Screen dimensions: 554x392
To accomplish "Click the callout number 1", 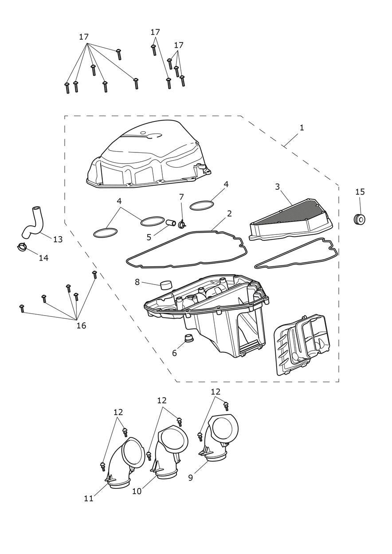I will pyautogui.click(x=302, y=128).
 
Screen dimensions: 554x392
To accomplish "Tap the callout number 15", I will pyautogui.click(x=360, y=192).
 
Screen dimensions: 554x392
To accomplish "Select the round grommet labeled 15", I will pyautogui.click(x=360, y=219).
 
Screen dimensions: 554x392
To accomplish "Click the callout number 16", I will pyautogui.click(x=81, y=326).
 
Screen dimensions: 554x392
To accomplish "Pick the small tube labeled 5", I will pyautogui.click(x=169, y=222).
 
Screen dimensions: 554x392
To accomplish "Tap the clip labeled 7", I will pyautogui.click(x=181, y=223).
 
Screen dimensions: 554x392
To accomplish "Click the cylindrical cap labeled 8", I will pyautogui.click(x=166, y=284).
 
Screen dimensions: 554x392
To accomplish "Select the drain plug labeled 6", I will pyautogui.click(x=189, y=340).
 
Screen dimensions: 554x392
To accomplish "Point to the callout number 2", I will pyautogui.click(x=229, y=214).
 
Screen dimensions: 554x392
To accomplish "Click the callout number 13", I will pyautogui.click(x=58, y=239).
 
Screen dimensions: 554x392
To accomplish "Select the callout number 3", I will pyautogui.click(x=278, y=187).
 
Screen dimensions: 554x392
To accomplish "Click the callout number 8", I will pyautogui.click(x=137, y=282).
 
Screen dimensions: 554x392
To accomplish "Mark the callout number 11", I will pyautogui.click(x=89, y=499).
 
